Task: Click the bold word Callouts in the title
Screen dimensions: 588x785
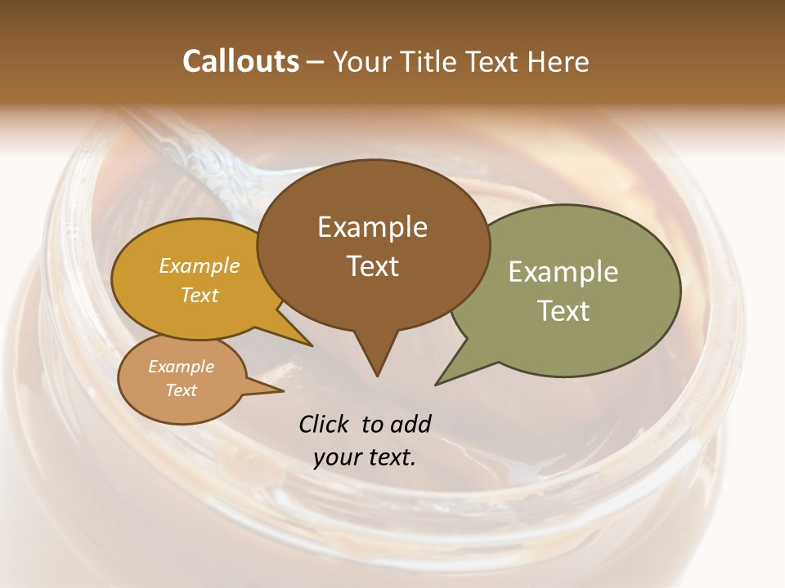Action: [x=240, y=61]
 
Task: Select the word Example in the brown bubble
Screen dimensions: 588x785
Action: [x=372, y=227]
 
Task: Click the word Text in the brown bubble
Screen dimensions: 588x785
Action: [x=373, y=266]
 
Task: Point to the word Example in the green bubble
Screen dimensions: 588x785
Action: [x=563, y=272]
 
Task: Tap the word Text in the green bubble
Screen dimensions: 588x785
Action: [x=563, y=311]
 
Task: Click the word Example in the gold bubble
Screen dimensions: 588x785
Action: [x=200, y=266]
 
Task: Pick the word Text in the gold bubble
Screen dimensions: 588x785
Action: [x=200, y=295]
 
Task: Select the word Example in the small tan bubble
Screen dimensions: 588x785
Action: [x=181, y=367]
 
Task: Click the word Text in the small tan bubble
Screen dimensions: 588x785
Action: [x=181, y=390]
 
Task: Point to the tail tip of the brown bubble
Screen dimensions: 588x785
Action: [x=377, y=376]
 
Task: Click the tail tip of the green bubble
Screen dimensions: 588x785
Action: [x=436, y=384]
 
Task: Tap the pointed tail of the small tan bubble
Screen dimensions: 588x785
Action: [x=283, y=390]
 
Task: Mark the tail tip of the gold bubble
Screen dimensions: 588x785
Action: [x=312, y=345]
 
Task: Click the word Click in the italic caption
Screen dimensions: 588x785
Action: [x=324, y=424]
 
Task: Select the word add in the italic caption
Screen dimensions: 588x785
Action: [x=410, y=424]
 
